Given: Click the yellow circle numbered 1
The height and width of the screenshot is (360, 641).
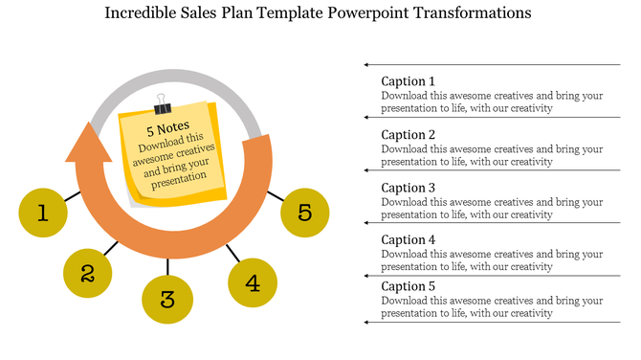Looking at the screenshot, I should pos(43,213).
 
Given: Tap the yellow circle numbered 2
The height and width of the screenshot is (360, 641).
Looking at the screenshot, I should pos(88,274).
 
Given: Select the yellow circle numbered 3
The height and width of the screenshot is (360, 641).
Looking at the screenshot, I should pos(167,300).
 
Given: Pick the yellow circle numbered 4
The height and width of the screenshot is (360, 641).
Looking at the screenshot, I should pos(253,282).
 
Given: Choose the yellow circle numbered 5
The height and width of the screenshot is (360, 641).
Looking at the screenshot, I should pos(305,212).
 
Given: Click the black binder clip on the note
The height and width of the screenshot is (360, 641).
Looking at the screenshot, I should pos(160,101).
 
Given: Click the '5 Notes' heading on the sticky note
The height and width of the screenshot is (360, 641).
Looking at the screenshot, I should pos(167,127).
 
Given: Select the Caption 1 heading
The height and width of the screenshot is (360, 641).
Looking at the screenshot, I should pos(408,81).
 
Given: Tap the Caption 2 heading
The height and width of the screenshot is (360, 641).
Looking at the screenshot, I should pos(408,135).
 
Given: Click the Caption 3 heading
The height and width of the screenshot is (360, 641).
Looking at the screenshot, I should pos(408,188).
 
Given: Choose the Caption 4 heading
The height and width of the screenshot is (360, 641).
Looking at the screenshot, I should pos(408,240).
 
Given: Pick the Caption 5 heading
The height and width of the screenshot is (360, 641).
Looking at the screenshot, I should pos(408,286).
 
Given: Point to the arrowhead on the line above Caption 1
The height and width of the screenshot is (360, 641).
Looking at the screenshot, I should pos(366,65).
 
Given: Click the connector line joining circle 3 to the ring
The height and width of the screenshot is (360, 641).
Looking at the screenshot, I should pos(167,267).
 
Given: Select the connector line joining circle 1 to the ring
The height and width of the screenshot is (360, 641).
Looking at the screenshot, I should pos(73,196).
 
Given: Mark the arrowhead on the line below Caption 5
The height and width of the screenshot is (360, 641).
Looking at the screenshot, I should pos(366,323).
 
